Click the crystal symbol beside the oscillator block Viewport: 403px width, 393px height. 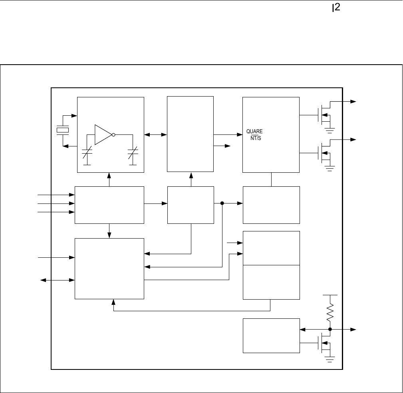pyautogui.click(x=63, y=130)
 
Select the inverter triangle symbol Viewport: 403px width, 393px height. pyautogui.click(x=103, y=134)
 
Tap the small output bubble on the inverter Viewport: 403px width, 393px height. pyautogui.click(x=114, y=134)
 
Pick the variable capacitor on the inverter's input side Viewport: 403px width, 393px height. pyautogui.click(x=87, y=154)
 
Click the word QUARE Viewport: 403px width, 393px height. pyautogui.click(x=254, y=131)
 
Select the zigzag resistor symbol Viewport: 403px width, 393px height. pyautogui.click(x=330, y=312)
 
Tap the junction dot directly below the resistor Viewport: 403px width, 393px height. pyautogui.click(x=330, y=330)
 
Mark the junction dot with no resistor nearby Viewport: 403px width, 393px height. pyautogui.click(x=222, y=203)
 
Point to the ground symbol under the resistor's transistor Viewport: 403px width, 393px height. pyautogui.click(x=330, y=360)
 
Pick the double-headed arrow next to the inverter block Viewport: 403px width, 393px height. pyautogui.click(x=156, y=134)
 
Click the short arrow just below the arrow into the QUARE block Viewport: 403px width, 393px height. pyautogui.click(x=222, y=146)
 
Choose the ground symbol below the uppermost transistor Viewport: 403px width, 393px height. pyautogui.click(x=330, y=129)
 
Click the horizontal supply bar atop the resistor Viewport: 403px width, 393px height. pyautogui.click(x=330, y=295)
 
